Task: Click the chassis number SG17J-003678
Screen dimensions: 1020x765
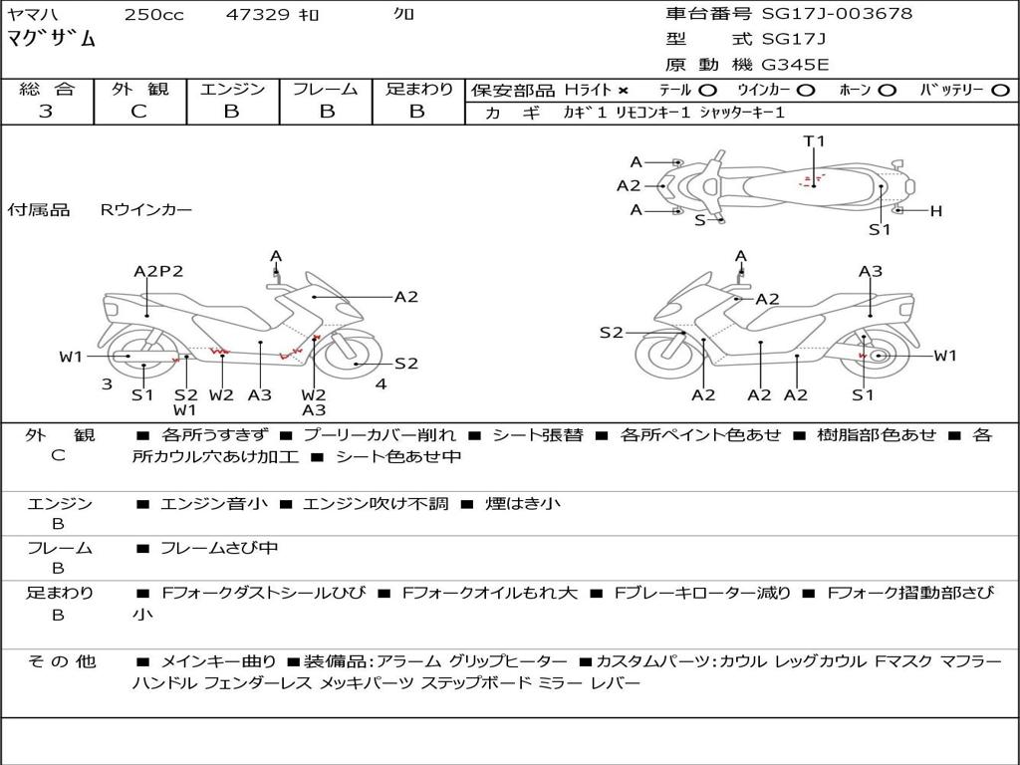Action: [837, 14]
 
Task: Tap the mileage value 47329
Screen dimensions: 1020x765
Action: [257, 15]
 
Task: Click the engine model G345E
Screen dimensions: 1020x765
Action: [795, 65]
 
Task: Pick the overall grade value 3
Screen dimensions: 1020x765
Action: [46, 111]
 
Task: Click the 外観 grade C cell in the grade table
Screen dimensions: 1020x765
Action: [138, 111]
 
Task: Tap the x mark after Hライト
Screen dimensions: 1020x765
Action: [624, 90]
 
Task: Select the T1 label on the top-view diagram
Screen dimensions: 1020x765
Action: [815, 141]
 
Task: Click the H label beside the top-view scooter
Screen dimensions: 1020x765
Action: [935, 211]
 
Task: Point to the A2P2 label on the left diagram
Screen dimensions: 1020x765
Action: [159, 271]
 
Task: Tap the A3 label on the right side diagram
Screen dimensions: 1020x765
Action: [871, 271]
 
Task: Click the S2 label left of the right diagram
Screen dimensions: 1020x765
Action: [611, 333]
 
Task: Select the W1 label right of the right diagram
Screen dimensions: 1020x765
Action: [944, 356]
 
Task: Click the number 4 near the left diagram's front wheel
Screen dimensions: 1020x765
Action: [381, 383]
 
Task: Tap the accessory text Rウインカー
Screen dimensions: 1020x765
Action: [146, 210]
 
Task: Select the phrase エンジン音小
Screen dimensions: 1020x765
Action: [214, 504]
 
